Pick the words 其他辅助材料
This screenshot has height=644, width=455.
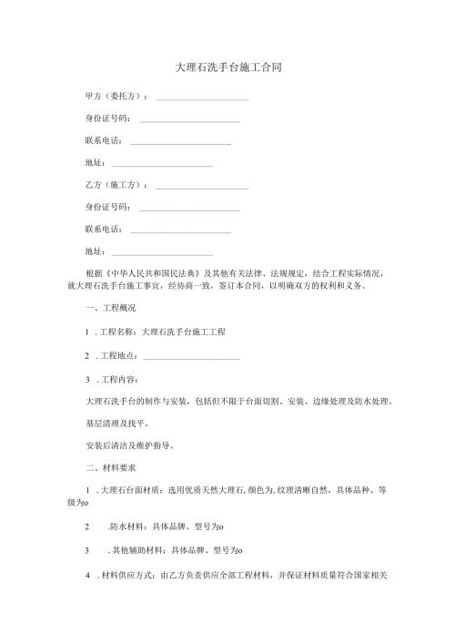tap(136, 551)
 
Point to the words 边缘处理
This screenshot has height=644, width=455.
tap(324, 401)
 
